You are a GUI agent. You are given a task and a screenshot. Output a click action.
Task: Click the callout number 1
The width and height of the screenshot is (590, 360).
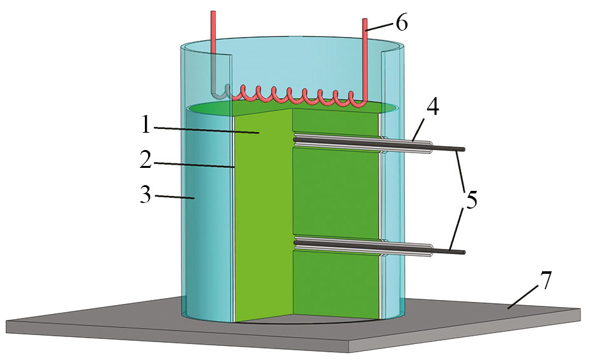[146, 124]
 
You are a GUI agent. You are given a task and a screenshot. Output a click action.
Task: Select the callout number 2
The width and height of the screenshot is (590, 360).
[146, 160]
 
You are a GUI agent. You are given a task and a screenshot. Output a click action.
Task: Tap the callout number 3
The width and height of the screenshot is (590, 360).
[146, 195]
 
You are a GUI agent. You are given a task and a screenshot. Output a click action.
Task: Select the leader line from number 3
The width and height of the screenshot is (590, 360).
[174, 197]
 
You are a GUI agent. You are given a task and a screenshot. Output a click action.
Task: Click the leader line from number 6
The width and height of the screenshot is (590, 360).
[381, 26]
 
